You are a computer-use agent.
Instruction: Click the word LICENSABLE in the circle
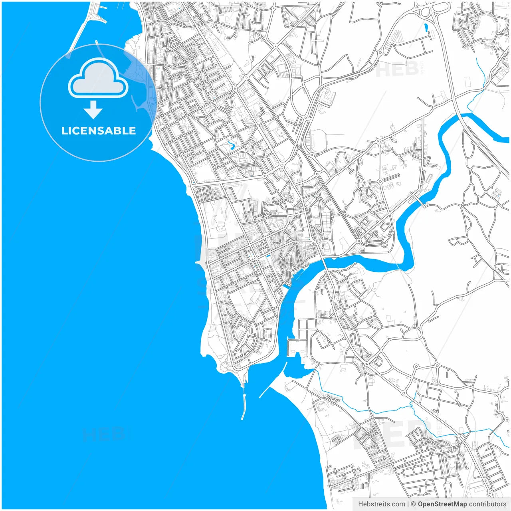pos(98,131)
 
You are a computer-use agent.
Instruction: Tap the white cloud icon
pos(98,79)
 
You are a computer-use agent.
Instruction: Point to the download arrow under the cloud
pos(93,110)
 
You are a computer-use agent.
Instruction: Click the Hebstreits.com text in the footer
pos(381,504)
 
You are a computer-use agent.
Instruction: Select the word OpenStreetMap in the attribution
pos(442,504)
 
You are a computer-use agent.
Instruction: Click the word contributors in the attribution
pos(487,504)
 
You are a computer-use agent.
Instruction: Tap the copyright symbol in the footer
pos(413,504)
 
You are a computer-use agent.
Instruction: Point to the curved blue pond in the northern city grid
pos(231,145)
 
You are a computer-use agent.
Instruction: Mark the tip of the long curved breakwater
pos(242,418)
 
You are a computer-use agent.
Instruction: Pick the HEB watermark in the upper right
pos(397,70)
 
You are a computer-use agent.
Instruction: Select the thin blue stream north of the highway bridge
pos(481,76)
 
